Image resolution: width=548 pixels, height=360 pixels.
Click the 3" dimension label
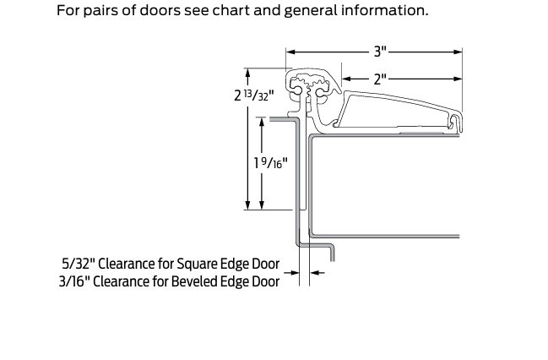(380, 52)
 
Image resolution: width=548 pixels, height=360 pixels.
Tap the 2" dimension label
(380, 79)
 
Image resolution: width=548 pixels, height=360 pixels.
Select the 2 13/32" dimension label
(254, 95)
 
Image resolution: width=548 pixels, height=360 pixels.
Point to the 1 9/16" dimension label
(271, 161)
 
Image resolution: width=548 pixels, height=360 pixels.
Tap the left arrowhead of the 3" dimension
(290, 52)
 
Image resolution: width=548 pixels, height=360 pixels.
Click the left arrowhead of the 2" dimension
(345, 79)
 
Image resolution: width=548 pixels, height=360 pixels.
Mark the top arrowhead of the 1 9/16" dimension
(263, 121)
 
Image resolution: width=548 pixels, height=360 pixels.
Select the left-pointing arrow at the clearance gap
(315, 272)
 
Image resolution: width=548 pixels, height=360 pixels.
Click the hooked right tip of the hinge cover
(458, 122)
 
